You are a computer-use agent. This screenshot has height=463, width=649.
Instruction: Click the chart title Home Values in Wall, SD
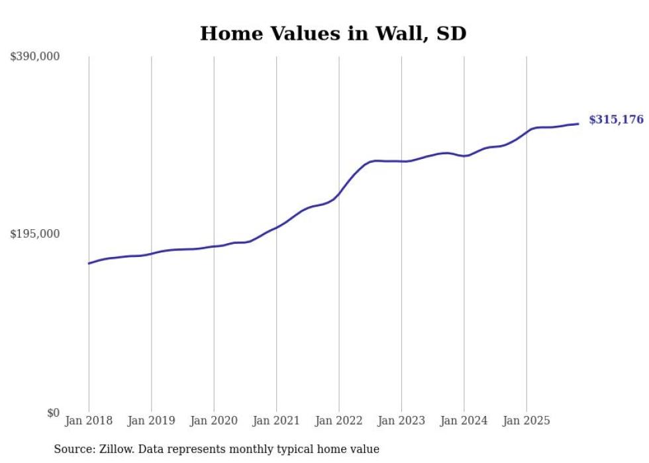click(x=333, y=34)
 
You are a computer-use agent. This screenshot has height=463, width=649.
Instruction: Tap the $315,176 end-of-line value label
click(x=616, y=120)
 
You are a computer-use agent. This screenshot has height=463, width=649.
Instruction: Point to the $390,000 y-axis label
click(x=34, y=57)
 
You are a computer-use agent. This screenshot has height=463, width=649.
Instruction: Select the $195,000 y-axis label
click(x=34, y=234)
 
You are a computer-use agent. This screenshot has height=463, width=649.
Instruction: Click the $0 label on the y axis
click(x=53, y=413)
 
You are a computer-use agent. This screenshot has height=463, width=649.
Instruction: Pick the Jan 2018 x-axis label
click(x=89, y=421)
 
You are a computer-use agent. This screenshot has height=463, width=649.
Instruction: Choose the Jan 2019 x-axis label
click(x=152, y=421)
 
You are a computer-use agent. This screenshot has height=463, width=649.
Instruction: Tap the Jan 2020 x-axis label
click(x=214, y=421)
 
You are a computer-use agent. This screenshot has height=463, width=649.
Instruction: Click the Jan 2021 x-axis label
click(x=276, y=421)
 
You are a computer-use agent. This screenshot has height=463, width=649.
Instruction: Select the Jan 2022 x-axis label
click(x=339, y=421)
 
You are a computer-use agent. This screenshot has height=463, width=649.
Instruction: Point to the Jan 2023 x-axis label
click(x=401, y=421)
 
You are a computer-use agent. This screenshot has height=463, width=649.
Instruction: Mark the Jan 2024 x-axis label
click(x=464, y=421)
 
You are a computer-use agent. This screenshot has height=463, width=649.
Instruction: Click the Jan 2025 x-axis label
click(x=526, y=421)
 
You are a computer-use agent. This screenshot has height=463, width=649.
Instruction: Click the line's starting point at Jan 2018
click(x=89, y=264)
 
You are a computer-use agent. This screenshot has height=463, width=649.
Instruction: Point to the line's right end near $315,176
click(x=578, y=124)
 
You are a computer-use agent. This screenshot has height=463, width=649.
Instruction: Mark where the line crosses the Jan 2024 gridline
click(x=464, y=156)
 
